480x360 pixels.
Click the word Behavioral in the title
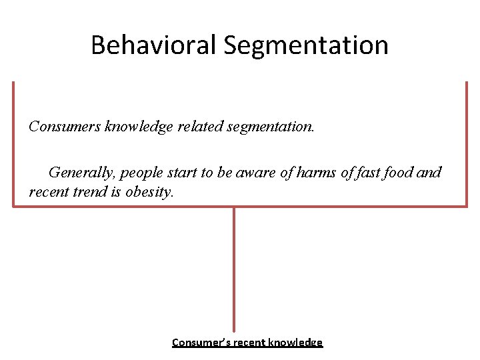[x=153, y=45]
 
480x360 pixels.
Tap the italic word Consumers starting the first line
[x=65, y=126]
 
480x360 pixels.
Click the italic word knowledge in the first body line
[x=139, y=126]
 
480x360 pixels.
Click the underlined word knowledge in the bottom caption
[x=295, y=343]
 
